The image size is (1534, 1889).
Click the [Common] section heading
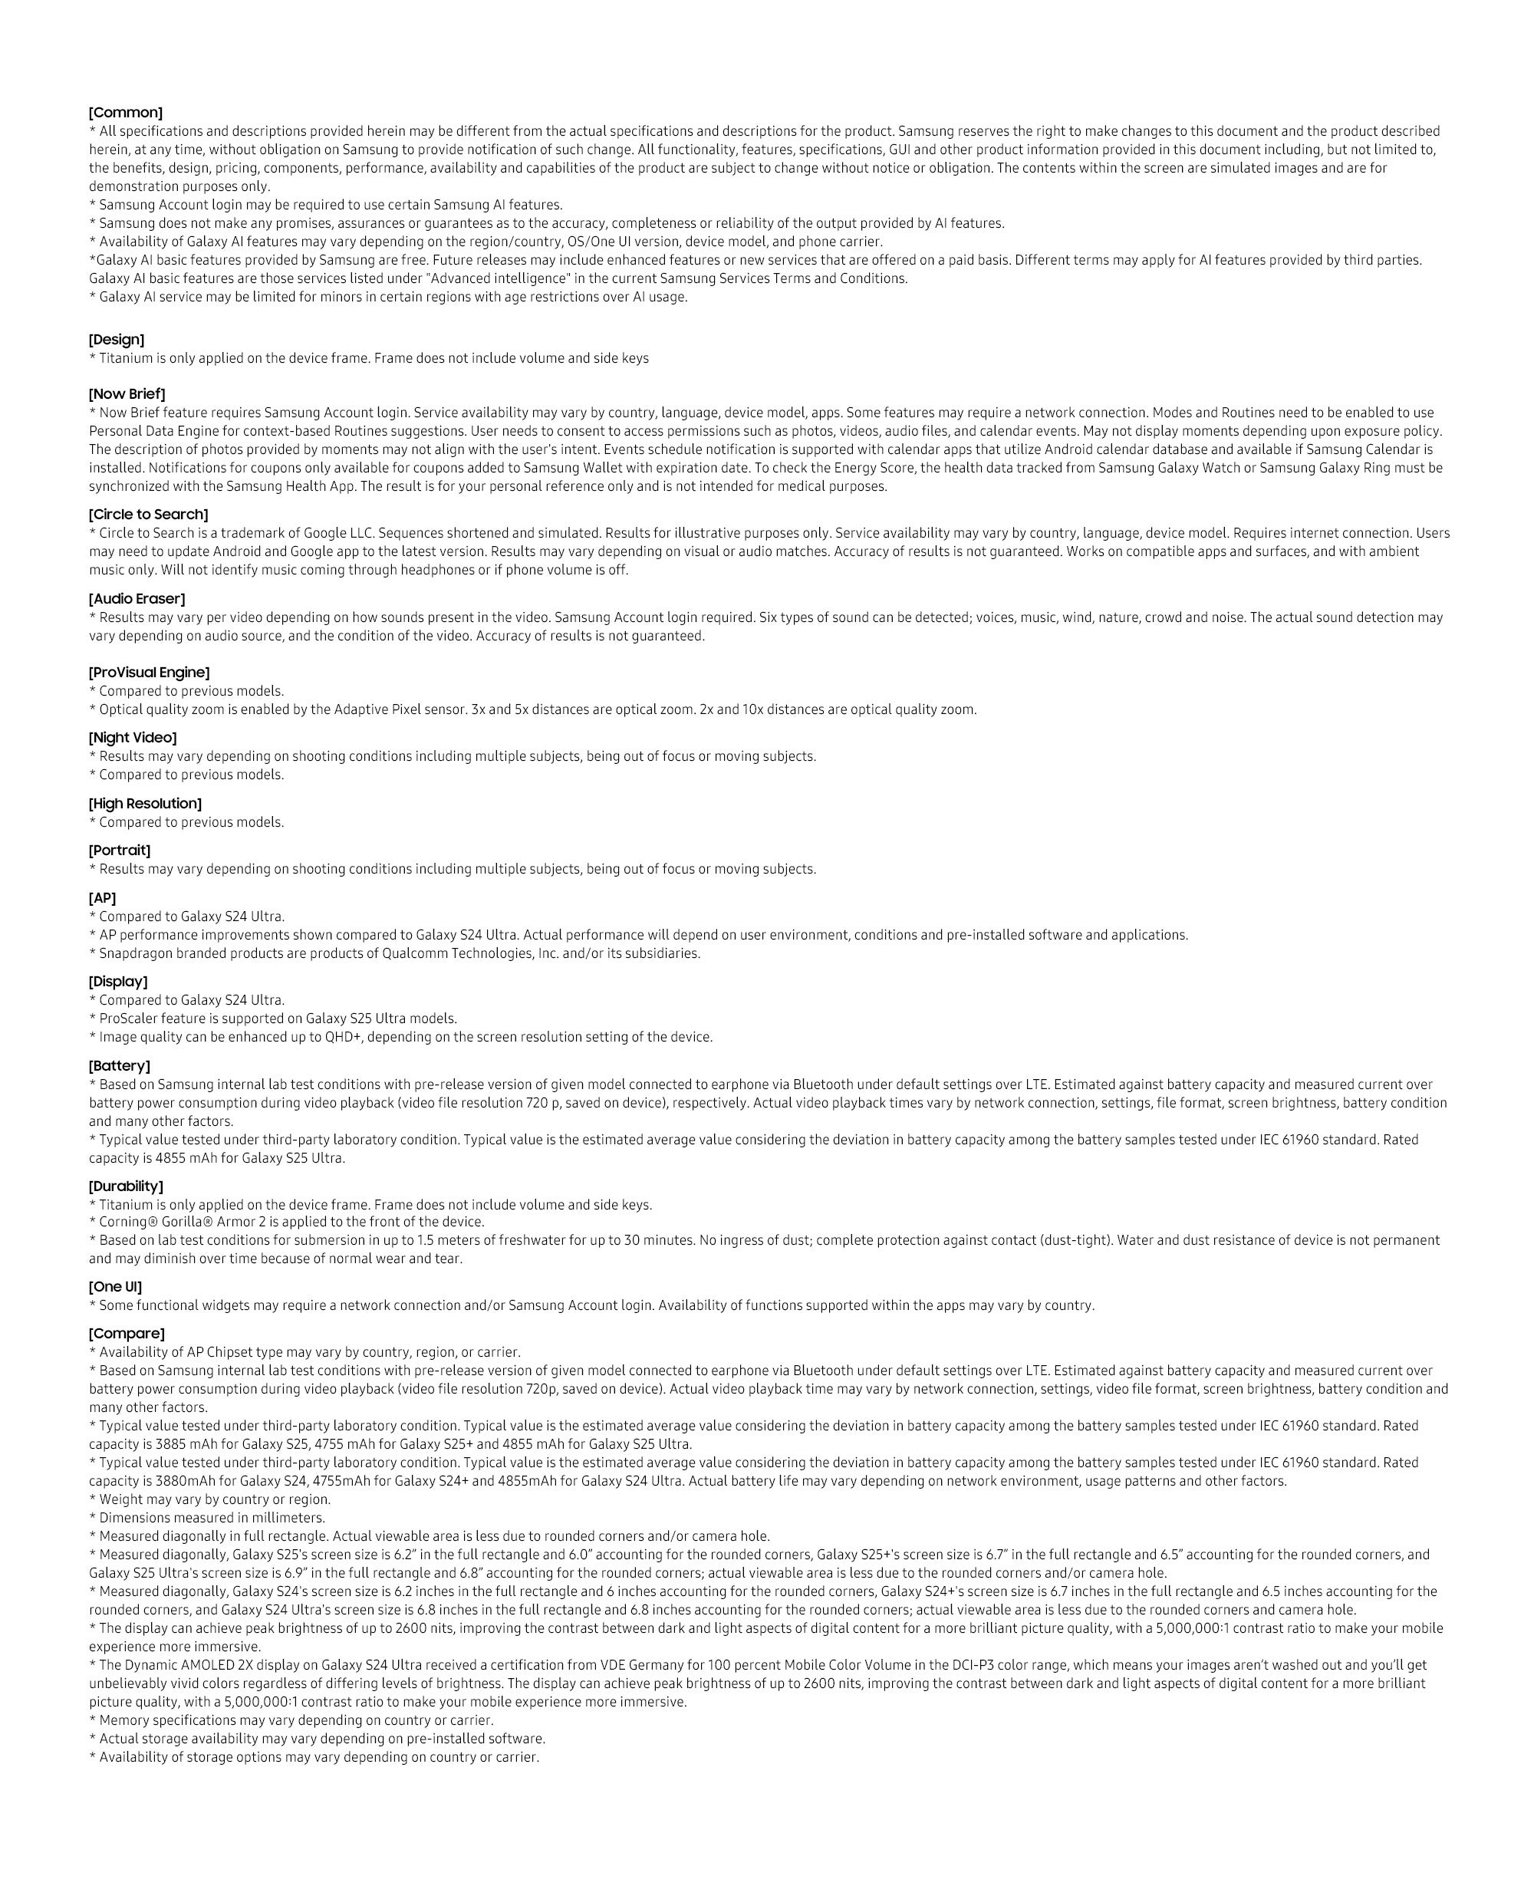coord(126,112)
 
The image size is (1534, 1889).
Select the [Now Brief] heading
coord(127,394)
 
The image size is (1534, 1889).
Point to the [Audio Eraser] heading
coord(137,599)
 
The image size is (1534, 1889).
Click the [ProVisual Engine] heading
coord(150,673)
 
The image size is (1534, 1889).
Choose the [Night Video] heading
coord(133,738)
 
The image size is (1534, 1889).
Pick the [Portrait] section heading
coord(120,850)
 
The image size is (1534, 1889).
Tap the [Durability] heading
coord(126,1186)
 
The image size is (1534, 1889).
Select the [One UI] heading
coord(115,1286)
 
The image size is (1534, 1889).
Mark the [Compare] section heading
coord(127,1333)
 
